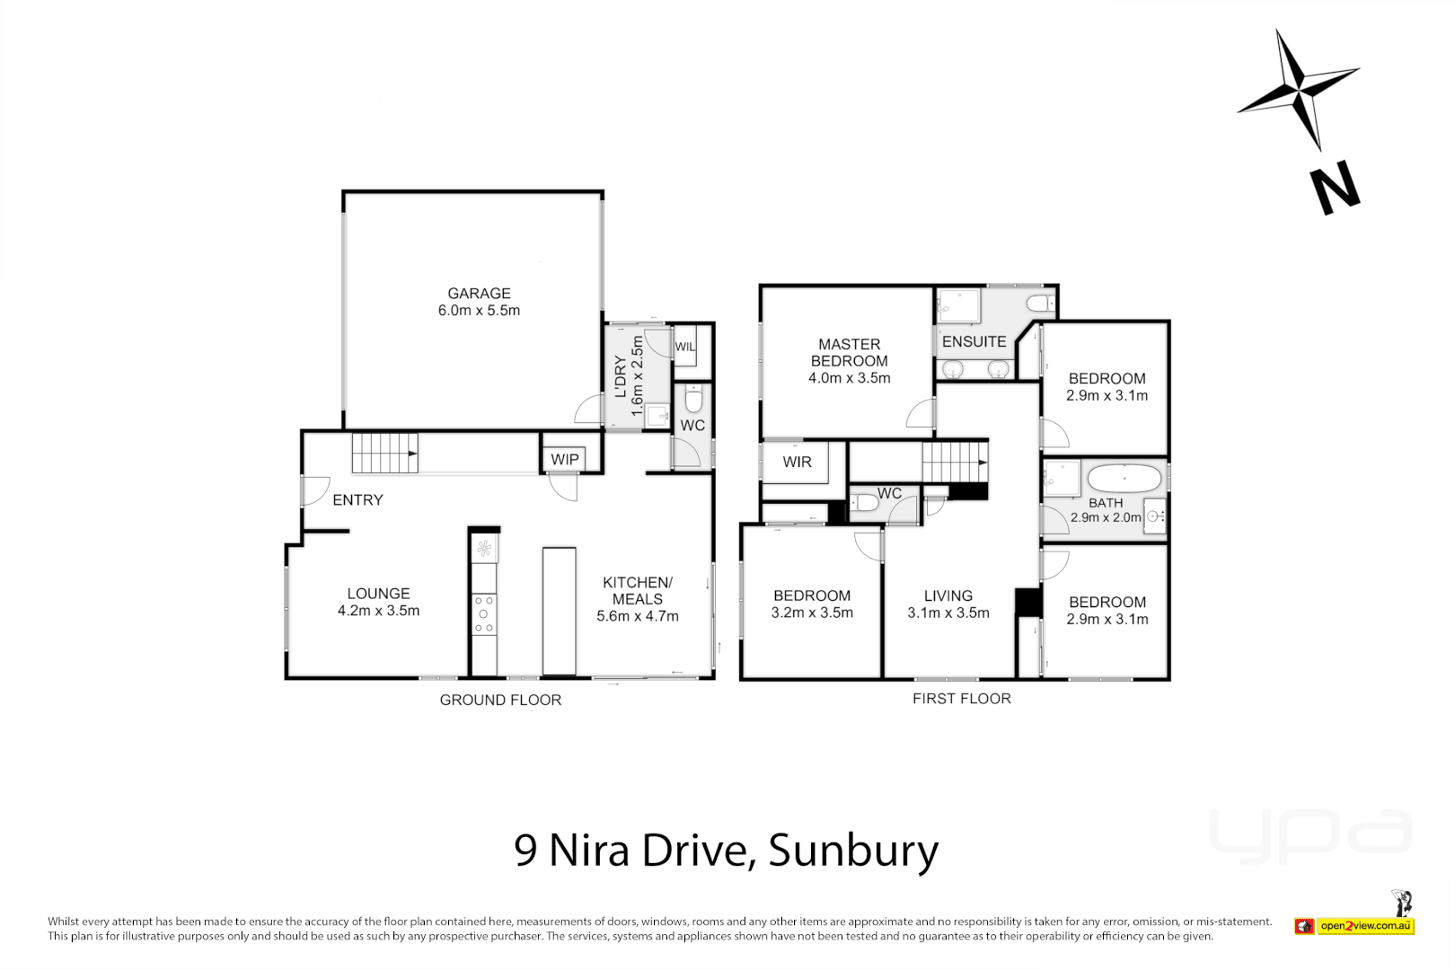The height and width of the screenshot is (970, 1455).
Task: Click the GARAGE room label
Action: pyautogui.click(x=479, y=294)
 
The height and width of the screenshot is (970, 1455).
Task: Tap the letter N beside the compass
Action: pyautogui.click(x=1335, y=190)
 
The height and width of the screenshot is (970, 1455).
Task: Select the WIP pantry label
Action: pyautogui.click(x=565, y=459)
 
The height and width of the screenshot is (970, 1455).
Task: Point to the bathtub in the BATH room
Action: pyautogui.click(x=1124, y=478)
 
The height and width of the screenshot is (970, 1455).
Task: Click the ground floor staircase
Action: pyautogui.click(x=384, y=453)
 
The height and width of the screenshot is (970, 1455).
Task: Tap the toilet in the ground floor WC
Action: pyautogui.click(x=692, y=399)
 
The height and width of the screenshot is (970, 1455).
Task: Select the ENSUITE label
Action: pyautogui.click(x=974, y=341)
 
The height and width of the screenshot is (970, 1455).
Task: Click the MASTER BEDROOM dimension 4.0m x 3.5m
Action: pyautogui.click(x=849, y=378)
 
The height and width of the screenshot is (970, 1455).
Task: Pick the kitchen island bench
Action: pyautogui.click(x=559, y=611)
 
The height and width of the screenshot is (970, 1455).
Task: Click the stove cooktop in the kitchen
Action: pyautogui.click(x=483, y=613)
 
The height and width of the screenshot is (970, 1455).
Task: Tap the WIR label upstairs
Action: pyautogui.click(x=797, y=462)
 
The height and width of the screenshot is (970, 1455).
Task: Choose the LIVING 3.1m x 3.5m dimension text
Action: pyautogui.click(x=948, y=613)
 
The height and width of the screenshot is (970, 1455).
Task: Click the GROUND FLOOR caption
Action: pyautogui.click(x=500, y=700)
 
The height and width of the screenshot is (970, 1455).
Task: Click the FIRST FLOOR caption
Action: pyautogui.click(x=961, y=699)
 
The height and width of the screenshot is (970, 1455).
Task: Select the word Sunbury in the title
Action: pyautogui.click(x=852, y=851)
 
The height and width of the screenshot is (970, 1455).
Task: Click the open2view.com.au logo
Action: pyautogui.click(x=1364, y=925)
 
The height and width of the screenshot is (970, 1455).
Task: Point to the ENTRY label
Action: pyautogui.click(x=357, y=500)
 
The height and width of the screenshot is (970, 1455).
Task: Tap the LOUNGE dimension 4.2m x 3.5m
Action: pyautogui.click(x=378, y=611)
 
